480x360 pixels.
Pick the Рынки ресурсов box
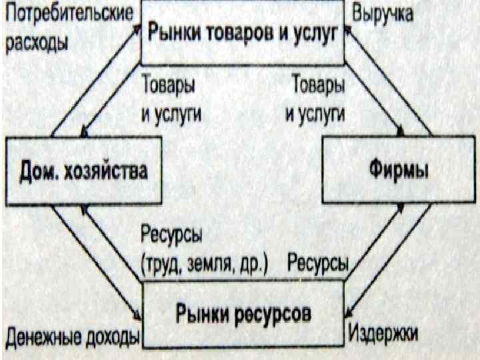(x=243, y=313)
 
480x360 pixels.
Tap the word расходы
(x=37, y=42)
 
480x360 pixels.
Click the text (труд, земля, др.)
(x=203, y=264)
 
